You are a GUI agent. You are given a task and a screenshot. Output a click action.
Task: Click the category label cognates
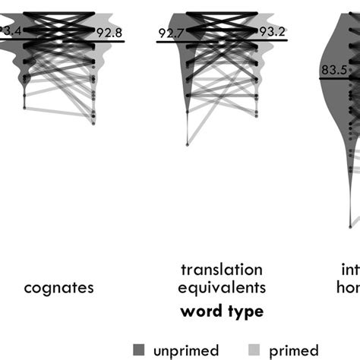point(59,288)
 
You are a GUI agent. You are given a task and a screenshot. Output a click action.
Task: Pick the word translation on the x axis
point(222,270)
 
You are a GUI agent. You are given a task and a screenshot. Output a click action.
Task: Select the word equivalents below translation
point(222,288)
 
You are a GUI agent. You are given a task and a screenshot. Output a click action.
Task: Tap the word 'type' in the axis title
point(245,311)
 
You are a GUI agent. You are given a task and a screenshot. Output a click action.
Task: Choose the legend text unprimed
point(185,349)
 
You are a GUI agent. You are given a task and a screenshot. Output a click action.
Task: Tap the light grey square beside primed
point(254,349)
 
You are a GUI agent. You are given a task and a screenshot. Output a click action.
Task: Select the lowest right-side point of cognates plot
point(94,122)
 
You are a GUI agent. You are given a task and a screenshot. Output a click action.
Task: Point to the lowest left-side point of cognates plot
point(24,109)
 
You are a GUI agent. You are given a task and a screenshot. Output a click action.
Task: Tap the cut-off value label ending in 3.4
point(9,31)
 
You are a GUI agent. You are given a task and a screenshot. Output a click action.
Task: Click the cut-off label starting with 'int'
point(350,270)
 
